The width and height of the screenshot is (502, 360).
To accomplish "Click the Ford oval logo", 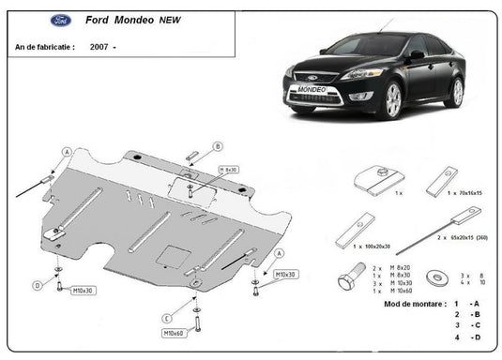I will point(33,20).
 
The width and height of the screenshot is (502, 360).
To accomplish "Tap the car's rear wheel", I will point(456,92).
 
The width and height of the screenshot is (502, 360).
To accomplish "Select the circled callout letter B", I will point(218,146).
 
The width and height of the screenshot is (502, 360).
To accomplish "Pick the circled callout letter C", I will point(166,315).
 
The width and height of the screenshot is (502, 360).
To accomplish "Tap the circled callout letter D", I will point(38,284).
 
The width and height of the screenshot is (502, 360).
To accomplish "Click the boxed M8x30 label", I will point(229,170).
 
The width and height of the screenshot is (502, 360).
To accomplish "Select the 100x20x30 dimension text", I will point(372,246).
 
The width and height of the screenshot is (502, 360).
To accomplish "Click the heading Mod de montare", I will point(413,305).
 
